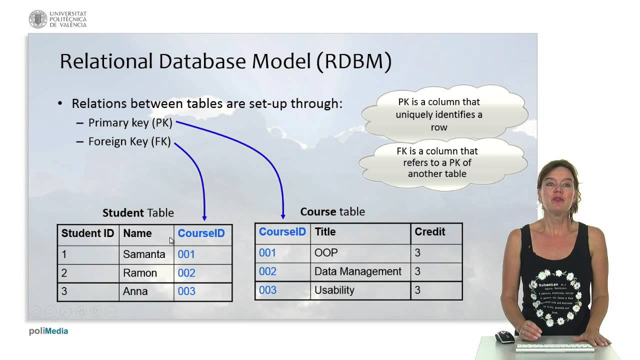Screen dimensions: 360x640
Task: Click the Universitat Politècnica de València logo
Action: pyautogui.click(x=57, y=19)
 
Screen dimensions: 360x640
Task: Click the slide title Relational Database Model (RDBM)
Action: pyautogui.click(x=225, y=61)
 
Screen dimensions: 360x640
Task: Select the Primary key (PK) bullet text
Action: pyautogui.click(x=130, y=123)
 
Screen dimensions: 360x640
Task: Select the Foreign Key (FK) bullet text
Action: pyautogui.click(x=129, y=141)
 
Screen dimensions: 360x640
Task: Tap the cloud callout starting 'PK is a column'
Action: pyautogui.click(x=438, y=114)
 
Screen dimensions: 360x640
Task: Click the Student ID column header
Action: pyautogui.click(x=87, y=233)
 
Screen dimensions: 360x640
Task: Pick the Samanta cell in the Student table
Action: pyautogui.click(x=144, y=254)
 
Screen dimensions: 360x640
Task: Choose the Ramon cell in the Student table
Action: pyautogui.click(x=140, y=273)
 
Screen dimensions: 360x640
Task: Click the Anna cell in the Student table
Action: pyautogui.click(x=135, y=291)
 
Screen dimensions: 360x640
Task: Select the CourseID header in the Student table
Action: pyautogui.click(x=201, y=233)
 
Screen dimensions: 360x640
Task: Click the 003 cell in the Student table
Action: pyautogui.click(x=186, y=291)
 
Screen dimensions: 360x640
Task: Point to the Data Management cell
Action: pyautogui.click(x=357, y=271)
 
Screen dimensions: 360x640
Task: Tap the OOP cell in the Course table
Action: pyautogui.click(x=326, y=253)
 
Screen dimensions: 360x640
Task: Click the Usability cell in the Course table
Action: pyautogui.click(x=334, y=290)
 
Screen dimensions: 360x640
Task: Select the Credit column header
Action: pyautogui.click(x=429, y=232)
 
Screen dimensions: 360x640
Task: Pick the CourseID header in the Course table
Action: pyautogui.click(x=282, y=232)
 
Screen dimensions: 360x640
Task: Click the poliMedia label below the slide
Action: pyautogui.click(x=48, y=331)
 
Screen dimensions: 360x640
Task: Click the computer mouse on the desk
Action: pyautogui.click(x=504, y=337)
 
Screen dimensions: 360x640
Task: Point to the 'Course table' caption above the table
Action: pyautogui.click(x=332, y=211)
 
